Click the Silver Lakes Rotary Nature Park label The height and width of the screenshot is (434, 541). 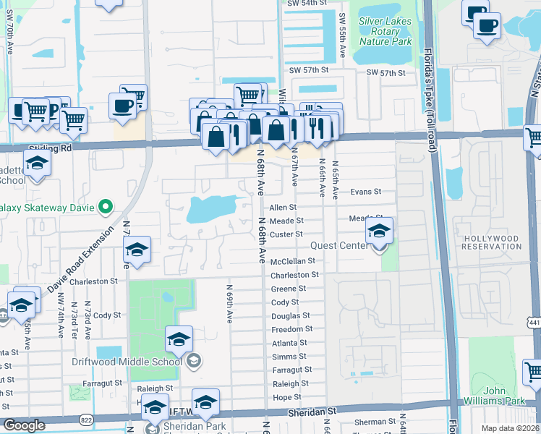(390, 31)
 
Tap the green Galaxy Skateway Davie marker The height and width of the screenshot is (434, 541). (105, 208)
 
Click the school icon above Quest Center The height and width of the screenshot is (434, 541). (379, 231)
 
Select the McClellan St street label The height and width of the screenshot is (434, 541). (293, 261)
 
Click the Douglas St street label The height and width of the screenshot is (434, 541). (290, 316)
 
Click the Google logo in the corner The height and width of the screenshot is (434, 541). (24, 425)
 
